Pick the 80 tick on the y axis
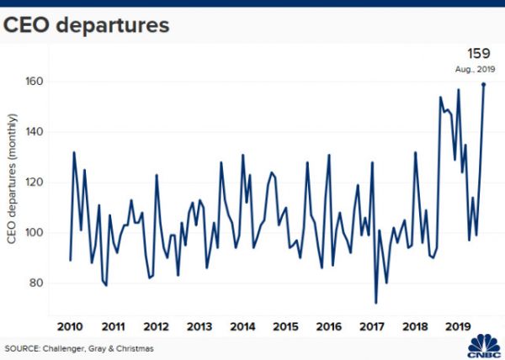(37, 283)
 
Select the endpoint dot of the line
(483, 84)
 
